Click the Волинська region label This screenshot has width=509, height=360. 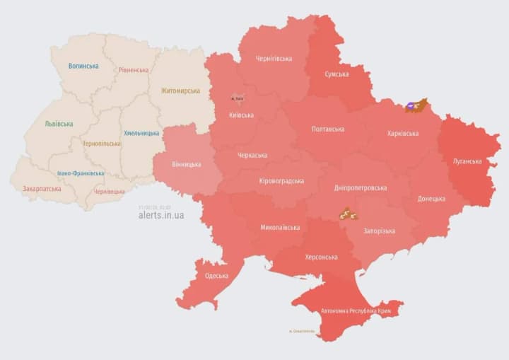pos(83,66)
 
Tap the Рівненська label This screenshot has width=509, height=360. pos(134,70)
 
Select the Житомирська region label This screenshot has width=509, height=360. pos(180,91)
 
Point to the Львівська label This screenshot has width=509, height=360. pos(59,124)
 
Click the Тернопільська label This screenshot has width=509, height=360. pos(102,144)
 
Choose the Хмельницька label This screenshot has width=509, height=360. pos(141,133)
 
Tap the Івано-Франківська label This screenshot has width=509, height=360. pos(81,173)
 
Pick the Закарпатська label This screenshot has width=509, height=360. pos(42,189)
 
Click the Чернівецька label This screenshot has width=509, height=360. pos(110,191)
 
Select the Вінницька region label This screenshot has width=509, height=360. pos(186,164)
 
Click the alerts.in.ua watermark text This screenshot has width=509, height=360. pos(161,215)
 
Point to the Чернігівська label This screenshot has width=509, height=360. pos(274,58)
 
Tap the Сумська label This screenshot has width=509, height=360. pos(336,74)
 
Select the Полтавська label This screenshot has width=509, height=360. pos(328,129)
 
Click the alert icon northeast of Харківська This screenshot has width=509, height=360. pos(416,106)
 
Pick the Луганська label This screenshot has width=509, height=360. pos(467,161)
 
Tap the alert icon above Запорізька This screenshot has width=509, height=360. pos(347,213)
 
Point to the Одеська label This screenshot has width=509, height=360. pos(216,276)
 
